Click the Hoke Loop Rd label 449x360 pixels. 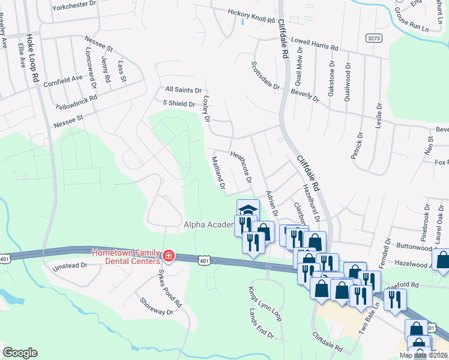(x=35, y=62)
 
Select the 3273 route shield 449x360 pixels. (x=373, y=37)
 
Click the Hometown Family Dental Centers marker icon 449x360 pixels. (x=169, y=257)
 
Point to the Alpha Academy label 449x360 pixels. (x=208, y=224)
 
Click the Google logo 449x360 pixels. (x=20, y=352)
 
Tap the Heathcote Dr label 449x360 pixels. (x=241, y=167)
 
